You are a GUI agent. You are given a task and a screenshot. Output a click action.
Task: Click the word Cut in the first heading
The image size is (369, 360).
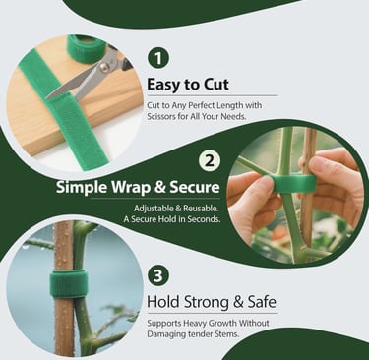click(x=224, y=84)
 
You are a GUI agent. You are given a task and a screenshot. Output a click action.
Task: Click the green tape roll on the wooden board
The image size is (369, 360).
click(x=87, y=45)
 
